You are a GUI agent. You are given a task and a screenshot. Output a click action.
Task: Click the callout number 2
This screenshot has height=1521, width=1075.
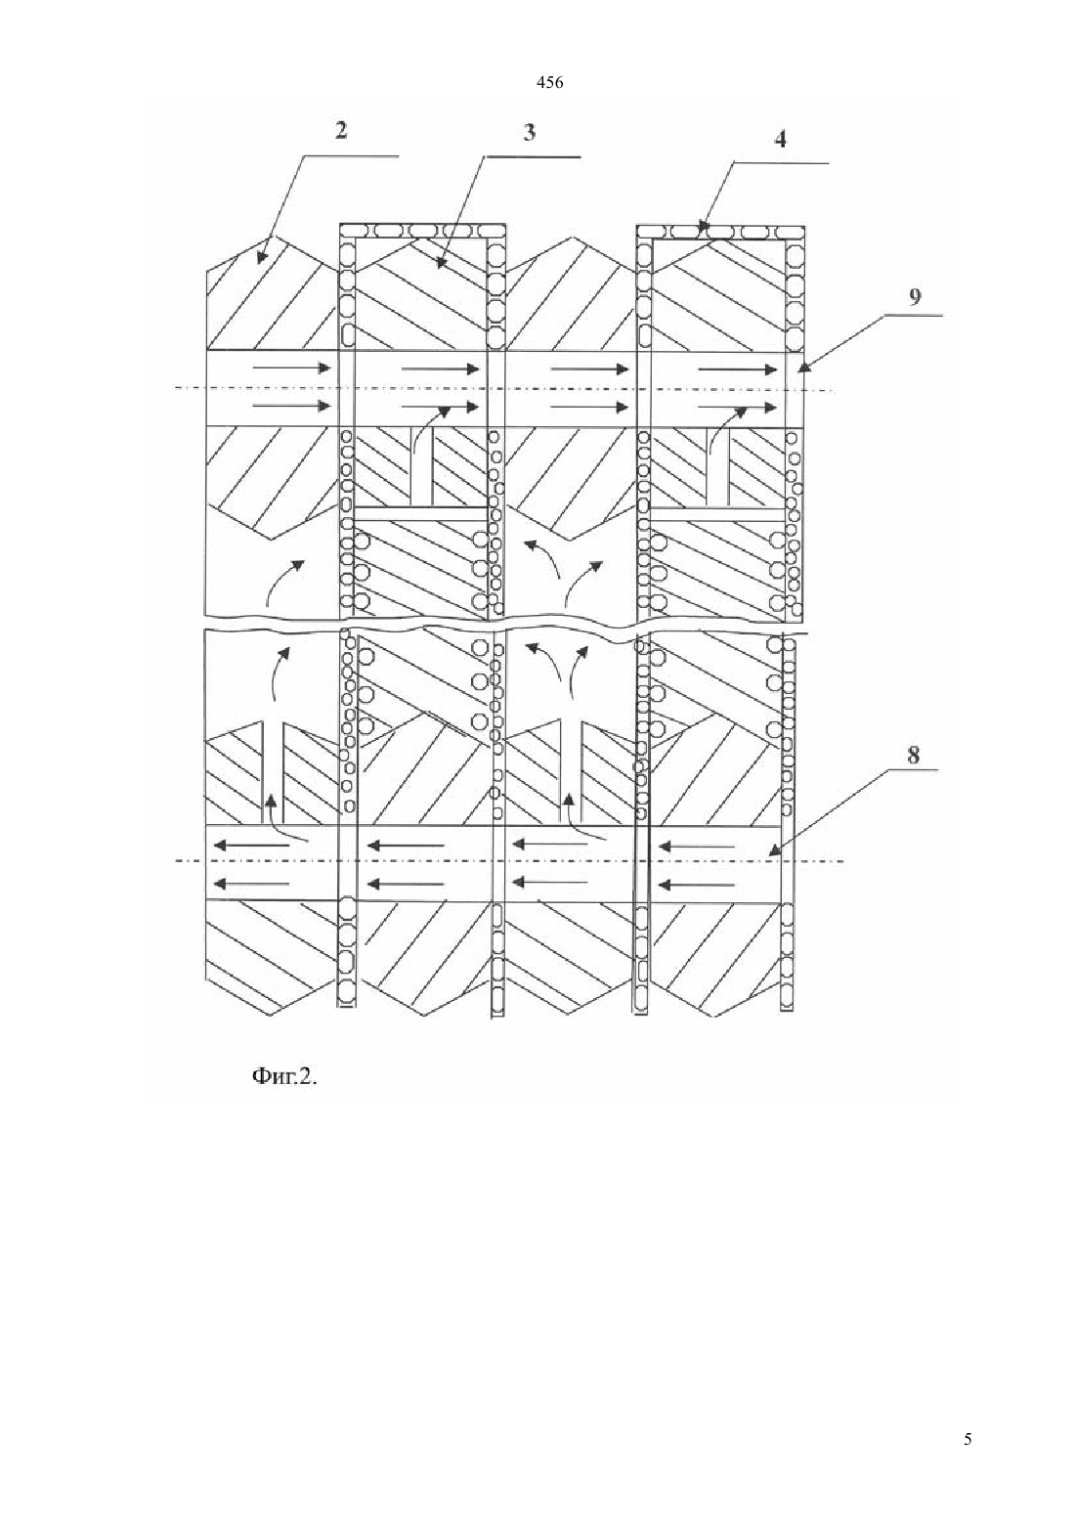pyautogui.click(x=341, y=130)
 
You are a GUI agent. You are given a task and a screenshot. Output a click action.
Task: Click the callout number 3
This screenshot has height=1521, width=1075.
pyautogui.click(x=529, y=132)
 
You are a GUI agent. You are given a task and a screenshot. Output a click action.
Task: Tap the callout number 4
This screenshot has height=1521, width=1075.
pyautogui.click(x=781, y=139)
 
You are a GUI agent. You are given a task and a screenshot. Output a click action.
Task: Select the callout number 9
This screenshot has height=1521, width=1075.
pyautogui.click(x=915, y=297)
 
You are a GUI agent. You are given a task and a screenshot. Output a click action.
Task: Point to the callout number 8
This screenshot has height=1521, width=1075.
pyautogui.click(x=914, y=755)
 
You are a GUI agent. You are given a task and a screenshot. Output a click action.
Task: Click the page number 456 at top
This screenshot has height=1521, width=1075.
pyautogui.click(x=549, y=83)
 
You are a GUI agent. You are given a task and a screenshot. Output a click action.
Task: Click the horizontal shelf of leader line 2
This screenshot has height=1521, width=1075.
pyautogui.click(x=351, y=156)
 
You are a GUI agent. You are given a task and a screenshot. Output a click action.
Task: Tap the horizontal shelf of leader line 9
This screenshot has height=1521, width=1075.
pyautogui.click(x=914, y=315)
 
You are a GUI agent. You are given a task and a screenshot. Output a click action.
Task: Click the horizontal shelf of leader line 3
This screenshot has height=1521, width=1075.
pyautogui.click(x=533, y=156)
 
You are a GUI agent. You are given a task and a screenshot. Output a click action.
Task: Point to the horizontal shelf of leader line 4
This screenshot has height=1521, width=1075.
pyautogui.click(x=781, y=163)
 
